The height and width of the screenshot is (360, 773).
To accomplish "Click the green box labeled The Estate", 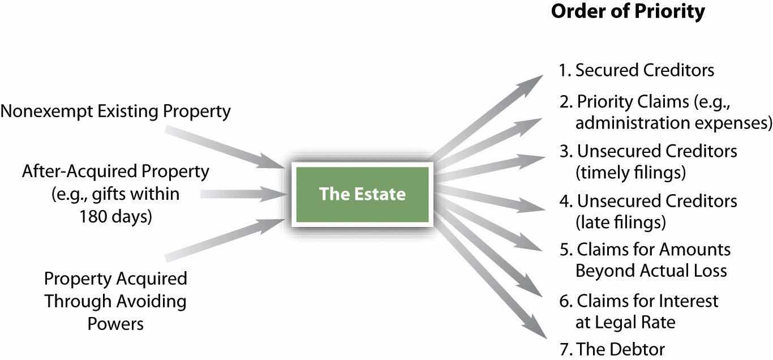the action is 362,194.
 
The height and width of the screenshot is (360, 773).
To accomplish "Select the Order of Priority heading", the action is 628,12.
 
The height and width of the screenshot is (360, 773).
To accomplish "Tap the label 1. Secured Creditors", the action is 637,70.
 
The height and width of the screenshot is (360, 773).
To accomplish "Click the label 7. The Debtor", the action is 612,349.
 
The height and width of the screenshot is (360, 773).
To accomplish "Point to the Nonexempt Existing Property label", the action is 115,112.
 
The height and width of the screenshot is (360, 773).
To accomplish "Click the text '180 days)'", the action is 115,217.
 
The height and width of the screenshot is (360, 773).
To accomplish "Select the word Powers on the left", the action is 115,324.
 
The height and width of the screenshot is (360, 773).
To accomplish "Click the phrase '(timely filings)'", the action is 630,172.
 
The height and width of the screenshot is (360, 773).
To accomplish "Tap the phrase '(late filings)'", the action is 620,222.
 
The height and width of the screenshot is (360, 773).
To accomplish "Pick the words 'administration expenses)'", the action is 673,123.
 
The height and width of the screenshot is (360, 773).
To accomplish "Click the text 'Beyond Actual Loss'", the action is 651,271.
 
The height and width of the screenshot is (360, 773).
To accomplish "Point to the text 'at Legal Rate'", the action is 625,323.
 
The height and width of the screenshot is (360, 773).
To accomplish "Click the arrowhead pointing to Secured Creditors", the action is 531,84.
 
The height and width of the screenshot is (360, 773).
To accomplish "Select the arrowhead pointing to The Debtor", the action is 536,328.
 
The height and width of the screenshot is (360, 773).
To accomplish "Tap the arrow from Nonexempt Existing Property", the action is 224,148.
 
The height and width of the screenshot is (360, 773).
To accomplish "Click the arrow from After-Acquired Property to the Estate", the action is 243,194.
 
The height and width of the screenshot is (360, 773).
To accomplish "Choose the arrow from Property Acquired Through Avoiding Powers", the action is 224,240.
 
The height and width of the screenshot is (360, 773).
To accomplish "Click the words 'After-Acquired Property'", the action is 115,172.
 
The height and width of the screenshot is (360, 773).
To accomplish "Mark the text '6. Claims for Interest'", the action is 639,301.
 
